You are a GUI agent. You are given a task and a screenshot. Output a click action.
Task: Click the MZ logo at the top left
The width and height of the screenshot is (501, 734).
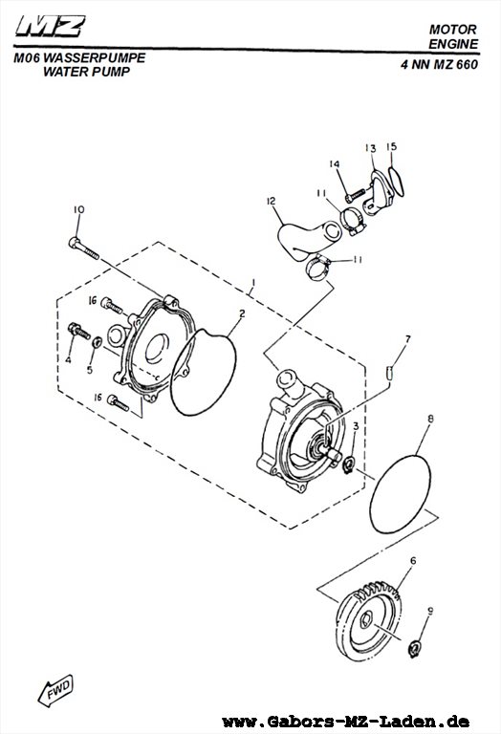coord(51,26)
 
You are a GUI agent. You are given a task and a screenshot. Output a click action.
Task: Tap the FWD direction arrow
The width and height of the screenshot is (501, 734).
coord(55,690)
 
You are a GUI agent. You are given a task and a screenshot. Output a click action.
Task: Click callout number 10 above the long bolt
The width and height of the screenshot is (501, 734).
coord(78,209)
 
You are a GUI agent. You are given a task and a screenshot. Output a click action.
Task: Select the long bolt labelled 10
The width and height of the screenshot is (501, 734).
coord(84,248)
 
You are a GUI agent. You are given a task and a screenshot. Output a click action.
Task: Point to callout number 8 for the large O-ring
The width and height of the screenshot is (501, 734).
coord(430,418)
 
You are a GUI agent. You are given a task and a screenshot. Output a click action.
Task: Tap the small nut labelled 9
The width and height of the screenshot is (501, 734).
coord(413,649)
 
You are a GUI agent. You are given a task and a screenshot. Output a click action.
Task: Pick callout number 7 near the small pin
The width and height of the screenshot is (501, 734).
coord(407,339)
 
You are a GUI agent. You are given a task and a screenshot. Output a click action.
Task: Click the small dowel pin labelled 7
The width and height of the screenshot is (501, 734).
coord(388,374)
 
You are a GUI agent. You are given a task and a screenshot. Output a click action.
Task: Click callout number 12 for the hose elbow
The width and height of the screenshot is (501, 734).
coord(272,201)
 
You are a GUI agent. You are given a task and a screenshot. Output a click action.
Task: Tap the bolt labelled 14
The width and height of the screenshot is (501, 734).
coord(355,195)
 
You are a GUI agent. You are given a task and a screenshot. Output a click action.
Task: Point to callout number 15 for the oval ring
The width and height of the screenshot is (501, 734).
coord(392,146)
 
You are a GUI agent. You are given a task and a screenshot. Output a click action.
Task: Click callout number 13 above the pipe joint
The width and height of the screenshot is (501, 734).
coord(370,148)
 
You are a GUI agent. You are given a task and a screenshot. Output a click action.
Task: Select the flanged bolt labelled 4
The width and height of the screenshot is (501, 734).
coord(79,331)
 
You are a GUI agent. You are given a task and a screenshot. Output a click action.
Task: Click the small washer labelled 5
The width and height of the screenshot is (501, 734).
coord(97,342)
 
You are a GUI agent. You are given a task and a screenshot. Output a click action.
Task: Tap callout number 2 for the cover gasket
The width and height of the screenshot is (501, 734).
coord(242,314)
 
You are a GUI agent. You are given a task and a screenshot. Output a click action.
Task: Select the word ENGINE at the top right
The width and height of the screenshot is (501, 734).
coord(454,44)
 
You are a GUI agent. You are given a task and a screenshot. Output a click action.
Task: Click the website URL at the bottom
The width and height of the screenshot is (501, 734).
coord(346,722)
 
